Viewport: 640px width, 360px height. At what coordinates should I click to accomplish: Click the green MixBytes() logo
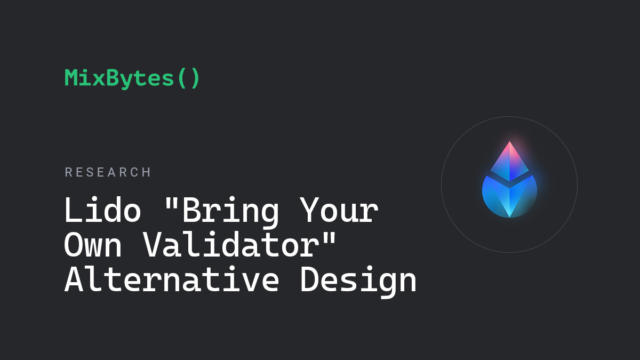[x=132, y=78]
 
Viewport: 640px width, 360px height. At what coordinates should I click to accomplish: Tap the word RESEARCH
[x=108, y=172]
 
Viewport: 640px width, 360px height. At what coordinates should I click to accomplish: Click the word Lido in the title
[x=102, y=210]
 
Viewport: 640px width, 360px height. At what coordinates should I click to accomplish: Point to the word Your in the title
[x=339, y=210]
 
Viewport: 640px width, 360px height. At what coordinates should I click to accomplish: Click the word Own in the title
[x=93, y=245]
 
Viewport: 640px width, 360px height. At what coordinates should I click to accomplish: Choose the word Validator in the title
[x=231, y=244]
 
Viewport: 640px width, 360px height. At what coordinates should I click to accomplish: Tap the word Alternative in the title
[x=172, y=278]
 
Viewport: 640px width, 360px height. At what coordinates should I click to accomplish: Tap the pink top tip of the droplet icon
[x=509, y=142]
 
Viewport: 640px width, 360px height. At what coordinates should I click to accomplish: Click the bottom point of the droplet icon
[x=510, y=217]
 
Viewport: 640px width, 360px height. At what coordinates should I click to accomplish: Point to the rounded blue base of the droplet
[x=509, y=197]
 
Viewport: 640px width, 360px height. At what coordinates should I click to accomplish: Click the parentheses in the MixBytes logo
[x=189, y=78]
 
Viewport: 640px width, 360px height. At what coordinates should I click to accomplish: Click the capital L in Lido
[x=73, y=210]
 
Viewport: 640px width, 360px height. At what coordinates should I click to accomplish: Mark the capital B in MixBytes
[x=114, y=77]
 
